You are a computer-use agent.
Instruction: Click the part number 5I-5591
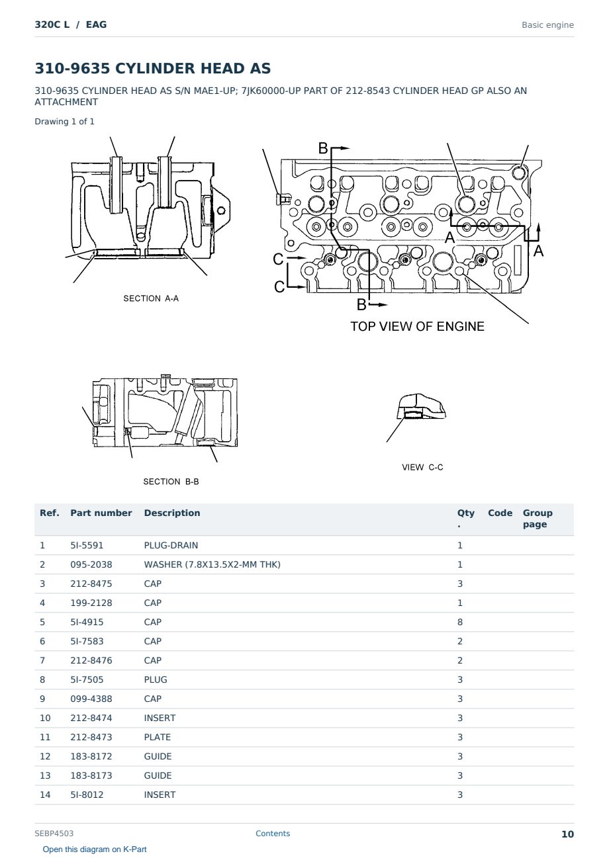click(x=87, y=545)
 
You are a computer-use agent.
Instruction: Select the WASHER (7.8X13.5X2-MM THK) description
click(x=212, y=564)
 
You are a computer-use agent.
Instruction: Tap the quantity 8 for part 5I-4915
click(x=460, y=622)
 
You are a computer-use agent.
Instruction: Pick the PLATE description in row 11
click(x=157, y=737)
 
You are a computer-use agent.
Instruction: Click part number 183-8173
click(x=91, y=775)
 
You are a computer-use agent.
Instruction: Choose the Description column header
click(x=171, y=513)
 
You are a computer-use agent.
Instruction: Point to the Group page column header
click(x=538, y=519)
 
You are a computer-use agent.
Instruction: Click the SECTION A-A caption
click(x=151, y=298)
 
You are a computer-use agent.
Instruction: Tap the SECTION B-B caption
click(x=171, y=482)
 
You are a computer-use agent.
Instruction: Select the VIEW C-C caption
click(x=422, y=467)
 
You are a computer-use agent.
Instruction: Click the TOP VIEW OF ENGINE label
click(x=417, y=326)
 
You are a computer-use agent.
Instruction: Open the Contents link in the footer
click(x=273, y=834)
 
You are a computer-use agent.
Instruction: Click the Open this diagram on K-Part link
click(x=95, y=849)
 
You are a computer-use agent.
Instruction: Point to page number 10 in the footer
click(x=567, y=834)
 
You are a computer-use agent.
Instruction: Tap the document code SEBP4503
click(x=54, y=834)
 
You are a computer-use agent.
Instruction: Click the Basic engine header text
click(x=547, y=25)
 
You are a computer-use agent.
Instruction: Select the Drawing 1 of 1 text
click(x=64, y=122)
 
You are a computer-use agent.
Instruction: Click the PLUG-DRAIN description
click(x=171, y=545)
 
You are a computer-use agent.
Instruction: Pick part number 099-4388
click(x=91, y=699)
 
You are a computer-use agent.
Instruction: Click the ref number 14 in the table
click(x=45, y=795)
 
